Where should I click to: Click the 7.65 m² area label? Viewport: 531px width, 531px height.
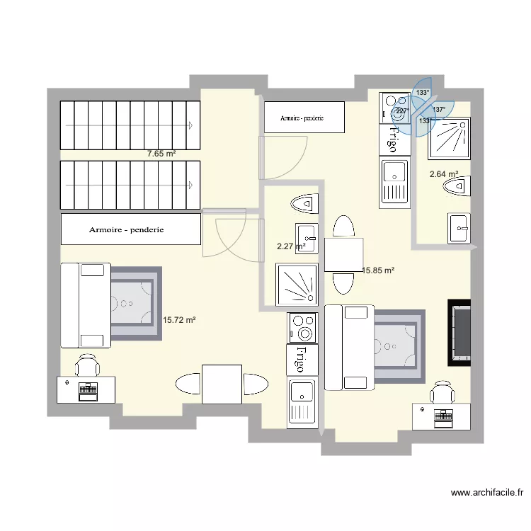pos(161,153)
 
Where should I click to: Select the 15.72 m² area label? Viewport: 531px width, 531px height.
pos(179,320)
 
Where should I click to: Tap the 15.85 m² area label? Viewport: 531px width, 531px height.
pos(378,270)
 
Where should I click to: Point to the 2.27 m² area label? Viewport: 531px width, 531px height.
pos(291,247)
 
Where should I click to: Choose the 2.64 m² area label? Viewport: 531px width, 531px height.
pos(444,174)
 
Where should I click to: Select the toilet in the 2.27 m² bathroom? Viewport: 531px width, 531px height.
pos(302,204)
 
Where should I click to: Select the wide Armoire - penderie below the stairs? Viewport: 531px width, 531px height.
pos(130,229)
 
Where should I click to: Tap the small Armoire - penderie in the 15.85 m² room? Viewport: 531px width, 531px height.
pos(304,117)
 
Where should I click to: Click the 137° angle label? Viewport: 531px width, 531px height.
pos(439,110)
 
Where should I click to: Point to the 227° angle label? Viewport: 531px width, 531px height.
pos(401,111)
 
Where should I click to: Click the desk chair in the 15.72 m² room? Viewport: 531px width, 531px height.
pos(88,366)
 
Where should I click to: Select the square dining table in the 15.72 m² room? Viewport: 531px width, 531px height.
pos(222,384)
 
